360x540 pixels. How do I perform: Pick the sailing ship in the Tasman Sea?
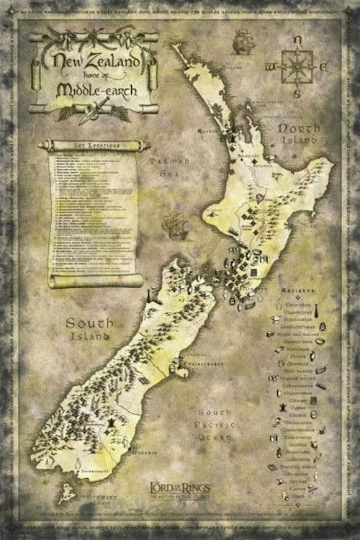[173, 228]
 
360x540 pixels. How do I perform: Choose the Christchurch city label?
[202, 365]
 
